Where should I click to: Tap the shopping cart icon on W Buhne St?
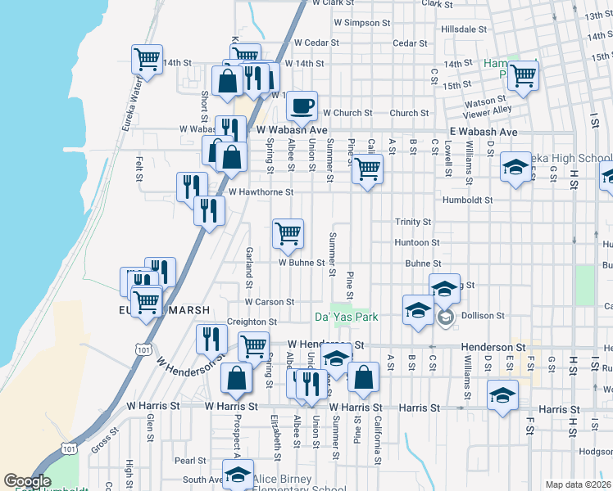click(288, 233)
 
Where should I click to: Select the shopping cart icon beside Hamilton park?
click(522, 75)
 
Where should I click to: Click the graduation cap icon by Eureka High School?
click(515, 169)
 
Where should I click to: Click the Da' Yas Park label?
click(346, 316)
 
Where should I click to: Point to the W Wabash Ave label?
click(291, 130)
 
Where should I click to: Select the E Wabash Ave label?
click(483, 132)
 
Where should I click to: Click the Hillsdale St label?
click(464, 29)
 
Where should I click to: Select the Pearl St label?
click(189, 462)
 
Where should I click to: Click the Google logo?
click(27, 481)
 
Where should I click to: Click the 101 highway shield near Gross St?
click(68, 449)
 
